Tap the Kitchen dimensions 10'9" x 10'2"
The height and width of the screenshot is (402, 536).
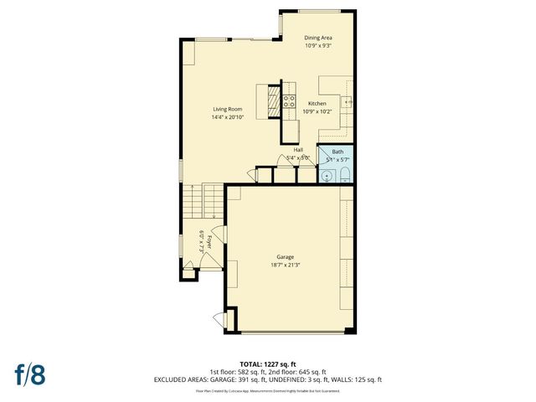[x=317, y=111]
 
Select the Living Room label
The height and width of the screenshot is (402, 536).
[x=227, y=110]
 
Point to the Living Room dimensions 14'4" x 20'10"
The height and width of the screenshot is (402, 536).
[x=227, y=117]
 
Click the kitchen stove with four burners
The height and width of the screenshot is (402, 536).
[x=289, y=102]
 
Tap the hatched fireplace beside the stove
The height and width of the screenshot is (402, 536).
[x=273, y=102]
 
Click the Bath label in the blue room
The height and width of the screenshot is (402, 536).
[x=338, y=152]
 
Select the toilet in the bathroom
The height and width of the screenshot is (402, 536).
[x=343, y=176]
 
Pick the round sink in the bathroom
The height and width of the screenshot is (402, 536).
[x=326, y=177]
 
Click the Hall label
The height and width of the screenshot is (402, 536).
[x=298, y=150]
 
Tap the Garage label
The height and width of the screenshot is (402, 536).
[x=286, y=257]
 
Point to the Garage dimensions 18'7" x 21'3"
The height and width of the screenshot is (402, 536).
[x=286, y=265]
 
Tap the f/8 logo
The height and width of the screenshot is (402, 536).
[x=29, y=374]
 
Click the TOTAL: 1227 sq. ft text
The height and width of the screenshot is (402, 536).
[x=268, y=364]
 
